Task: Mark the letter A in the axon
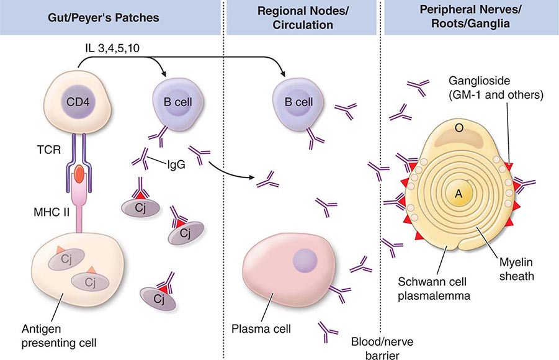point(458,194)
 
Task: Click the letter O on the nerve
point(459,128)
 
